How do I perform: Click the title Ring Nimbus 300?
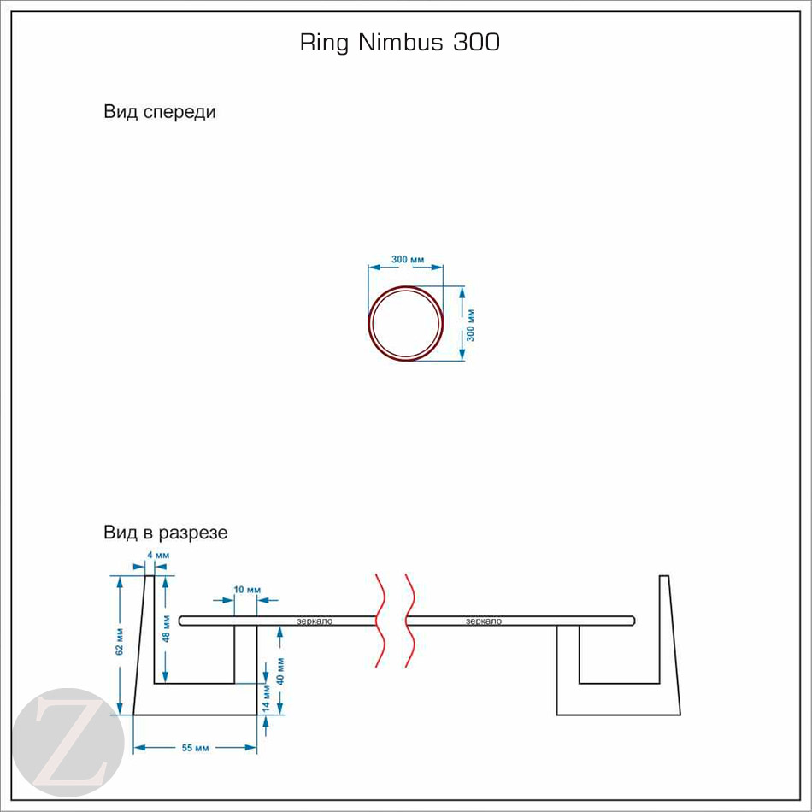(399, 43)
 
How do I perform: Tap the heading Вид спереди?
(160, 112)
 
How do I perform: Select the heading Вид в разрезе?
(166, 533)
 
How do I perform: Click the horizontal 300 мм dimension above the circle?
(408, 258)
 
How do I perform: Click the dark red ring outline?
(370, 325)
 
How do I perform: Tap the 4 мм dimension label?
(159, 556)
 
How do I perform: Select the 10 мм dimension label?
(246, 590)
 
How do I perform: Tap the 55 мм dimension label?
(196, 748)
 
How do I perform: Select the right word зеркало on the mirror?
(484, 621)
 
